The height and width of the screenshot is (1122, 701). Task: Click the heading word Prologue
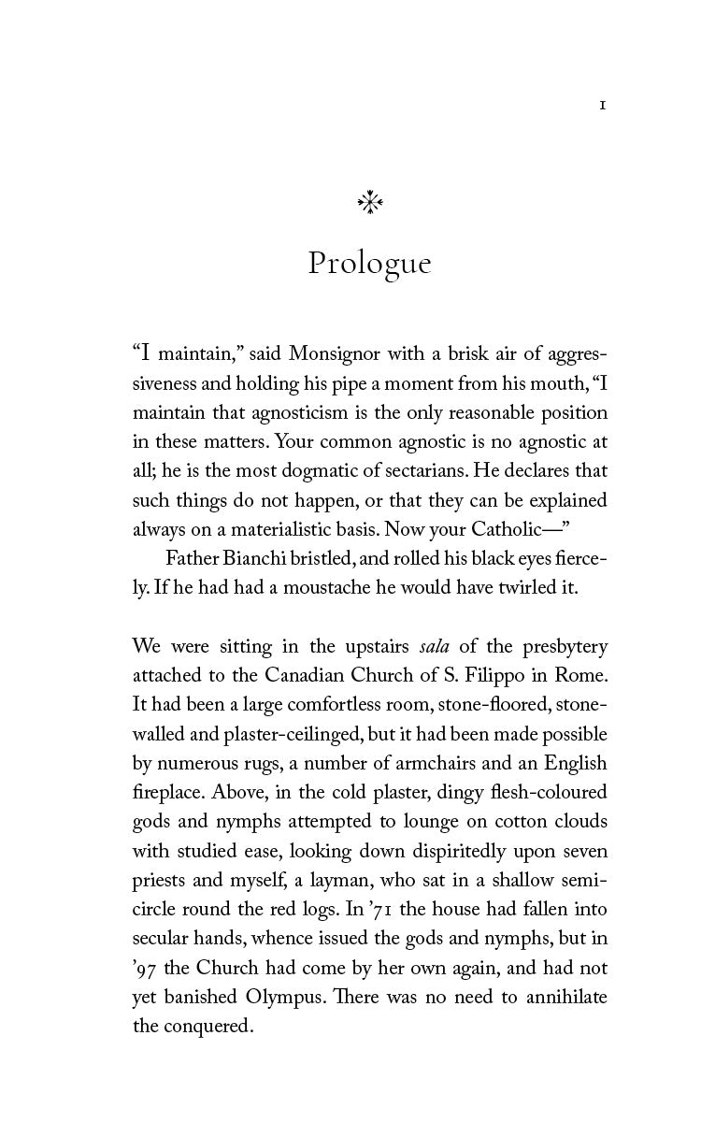point(369,265)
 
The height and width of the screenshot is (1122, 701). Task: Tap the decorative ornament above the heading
point(371,202)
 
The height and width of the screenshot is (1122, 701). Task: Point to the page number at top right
point(603,107)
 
